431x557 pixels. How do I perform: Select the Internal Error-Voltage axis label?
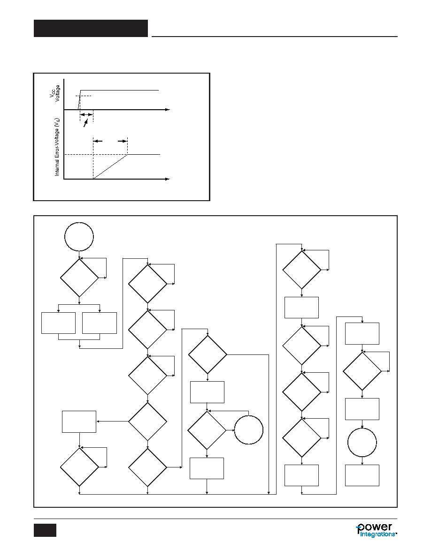(57, 147)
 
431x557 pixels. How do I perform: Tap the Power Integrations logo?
(377, 530)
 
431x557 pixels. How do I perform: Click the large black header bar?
(91, 29)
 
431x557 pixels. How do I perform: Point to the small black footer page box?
(45, 530)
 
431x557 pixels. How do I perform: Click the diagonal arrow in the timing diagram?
(85, 123)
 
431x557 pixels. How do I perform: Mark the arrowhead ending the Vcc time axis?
(168, 110)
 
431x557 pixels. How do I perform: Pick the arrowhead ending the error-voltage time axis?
(167, 179)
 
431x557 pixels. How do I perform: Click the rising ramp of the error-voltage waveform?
(111, 166)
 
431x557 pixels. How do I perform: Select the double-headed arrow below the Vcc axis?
(86, 115)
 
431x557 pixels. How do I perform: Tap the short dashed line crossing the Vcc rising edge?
(84, 96)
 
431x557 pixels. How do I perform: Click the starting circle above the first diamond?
(79, 237)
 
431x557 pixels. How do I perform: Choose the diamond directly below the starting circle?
(79, 278)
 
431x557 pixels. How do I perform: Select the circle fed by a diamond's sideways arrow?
(248, 430)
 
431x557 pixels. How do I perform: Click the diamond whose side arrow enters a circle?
(207, 430)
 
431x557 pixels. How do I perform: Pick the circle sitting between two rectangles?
(362, 443)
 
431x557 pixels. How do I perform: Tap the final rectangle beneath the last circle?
(362, 475)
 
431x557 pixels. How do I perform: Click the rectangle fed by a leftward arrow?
(79, 422)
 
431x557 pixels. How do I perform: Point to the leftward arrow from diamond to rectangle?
(112, 422)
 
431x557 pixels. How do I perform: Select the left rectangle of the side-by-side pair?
(58, 323)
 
